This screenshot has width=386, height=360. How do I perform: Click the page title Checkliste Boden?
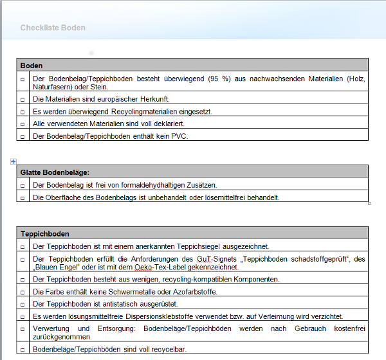click(x=53, y=28)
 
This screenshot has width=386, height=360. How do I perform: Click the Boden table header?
click(x=32, y=66)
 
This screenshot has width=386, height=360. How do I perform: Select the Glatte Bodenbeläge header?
click(x=55, y=172)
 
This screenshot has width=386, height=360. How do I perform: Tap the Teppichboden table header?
click(x=44, y=233)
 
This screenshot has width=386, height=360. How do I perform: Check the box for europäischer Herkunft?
click(x=23, y=100)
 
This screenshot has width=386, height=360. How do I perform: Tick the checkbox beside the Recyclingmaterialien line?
click(x=23, y=112)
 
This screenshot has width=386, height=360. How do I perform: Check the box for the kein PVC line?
click(x=23, y=136)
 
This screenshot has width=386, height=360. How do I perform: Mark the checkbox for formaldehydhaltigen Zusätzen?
click(x=23, y=185)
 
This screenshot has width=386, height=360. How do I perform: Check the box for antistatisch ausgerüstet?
click(x=23, y=304)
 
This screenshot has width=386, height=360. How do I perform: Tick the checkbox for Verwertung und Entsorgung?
click(x=23, y=329)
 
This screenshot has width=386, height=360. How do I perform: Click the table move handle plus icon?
click(x=13, y=161)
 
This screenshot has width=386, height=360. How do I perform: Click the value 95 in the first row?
click(x=215, y=79)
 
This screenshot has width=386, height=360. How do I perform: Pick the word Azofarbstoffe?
click(x=195, y=292)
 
